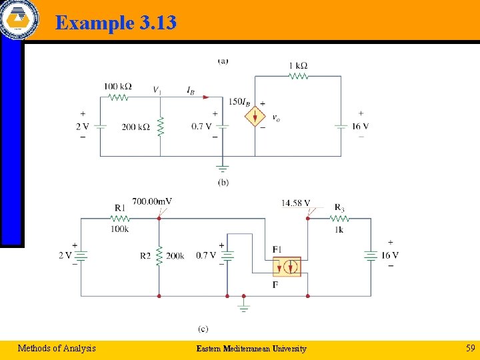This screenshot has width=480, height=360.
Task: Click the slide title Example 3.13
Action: click(x=116, y=23)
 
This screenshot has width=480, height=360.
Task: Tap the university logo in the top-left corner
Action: click(x=19, y=19)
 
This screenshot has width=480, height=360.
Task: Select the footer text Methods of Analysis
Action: click(x=57, y=347)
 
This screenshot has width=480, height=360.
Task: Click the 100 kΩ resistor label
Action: click(x=117, y=87)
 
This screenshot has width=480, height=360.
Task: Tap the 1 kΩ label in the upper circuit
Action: click(x=298, y=65)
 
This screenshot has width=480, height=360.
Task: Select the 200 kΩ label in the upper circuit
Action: click(x=135, y=127)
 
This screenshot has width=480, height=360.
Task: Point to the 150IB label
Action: click(x=239, y=102)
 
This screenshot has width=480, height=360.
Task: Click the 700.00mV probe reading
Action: click(x=152, y=201)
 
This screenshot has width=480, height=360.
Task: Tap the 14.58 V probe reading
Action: click(x=295, y=203)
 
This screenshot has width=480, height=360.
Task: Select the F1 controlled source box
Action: click(x=287, y=267)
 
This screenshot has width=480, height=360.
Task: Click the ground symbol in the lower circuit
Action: click(x=243, y=307)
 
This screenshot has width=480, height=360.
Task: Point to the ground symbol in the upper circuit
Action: click(x=222, y=169)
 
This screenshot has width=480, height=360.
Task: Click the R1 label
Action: click(x=119, y=209)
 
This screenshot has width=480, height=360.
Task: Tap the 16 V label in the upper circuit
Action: click(x=360, y=127)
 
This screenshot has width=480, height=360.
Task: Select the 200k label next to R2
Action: click(x=175, y=255)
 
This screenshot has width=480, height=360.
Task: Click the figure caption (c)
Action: click(x=203, y=329)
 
